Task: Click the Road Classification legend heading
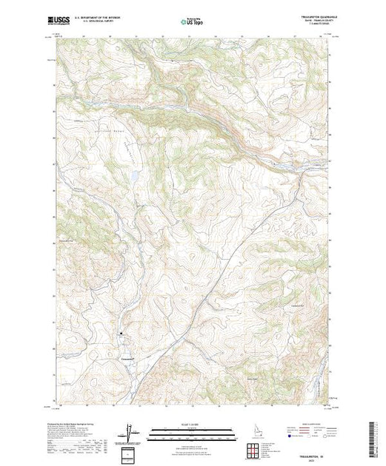(305, 425)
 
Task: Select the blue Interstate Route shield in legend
(287, 438)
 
